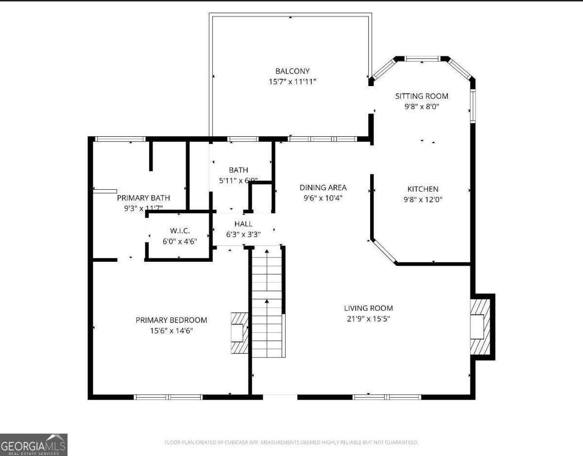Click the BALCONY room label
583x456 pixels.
[292, 71]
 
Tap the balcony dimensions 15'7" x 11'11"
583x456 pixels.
[292, 82]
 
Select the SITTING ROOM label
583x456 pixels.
[421, 96]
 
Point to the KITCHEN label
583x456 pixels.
[423, 189]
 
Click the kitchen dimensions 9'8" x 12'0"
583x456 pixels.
[423, 199]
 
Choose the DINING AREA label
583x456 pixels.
[323, 187]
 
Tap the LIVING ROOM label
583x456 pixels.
[368, 308]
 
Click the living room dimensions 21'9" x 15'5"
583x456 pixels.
[368, 319]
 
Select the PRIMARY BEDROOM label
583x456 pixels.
[171, 320]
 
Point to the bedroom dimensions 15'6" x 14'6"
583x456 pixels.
[171, 330]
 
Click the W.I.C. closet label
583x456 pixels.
[179, 230]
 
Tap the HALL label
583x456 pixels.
[243, 224]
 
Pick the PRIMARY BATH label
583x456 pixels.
[143, 198]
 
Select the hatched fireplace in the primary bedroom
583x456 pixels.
[240, 333]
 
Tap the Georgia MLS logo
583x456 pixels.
[34, 445]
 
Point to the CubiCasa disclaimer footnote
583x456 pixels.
[291, 442]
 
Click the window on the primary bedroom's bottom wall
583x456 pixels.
[168, 397]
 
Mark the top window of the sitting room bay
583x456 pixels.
[422, 59]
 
